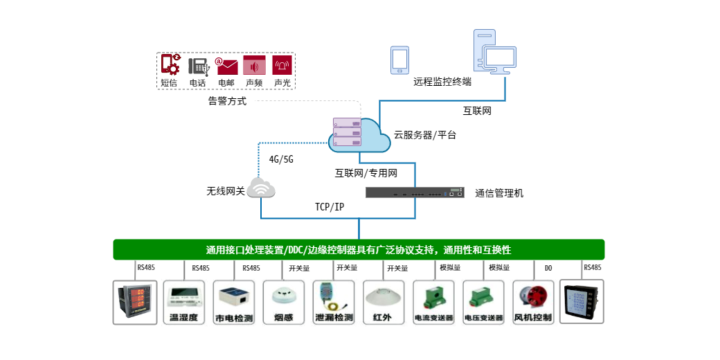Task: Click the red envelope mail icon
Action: point(227,66)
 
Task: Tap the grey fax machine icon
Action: point(199,66)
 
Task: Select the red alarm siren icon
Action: point(282,65)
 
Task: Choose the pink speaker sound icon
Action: point(254,66)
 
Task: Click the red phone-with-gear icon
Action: point(171,64)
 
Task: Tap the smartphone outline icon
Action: point(399,60)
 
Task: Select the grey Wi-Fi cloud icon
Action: point(261,188)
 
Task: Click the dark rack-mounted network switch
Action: point(415,192)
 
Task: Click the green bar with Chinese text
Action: point(359,250)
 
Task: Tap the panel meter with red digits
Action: point(135,302)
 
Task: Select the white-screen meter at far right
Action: point(582,302)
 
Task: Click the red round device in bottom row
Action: point(534,298)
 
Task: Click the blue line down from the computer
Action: point(505,88)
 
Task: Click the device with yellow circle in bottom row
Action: point(332,303)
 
